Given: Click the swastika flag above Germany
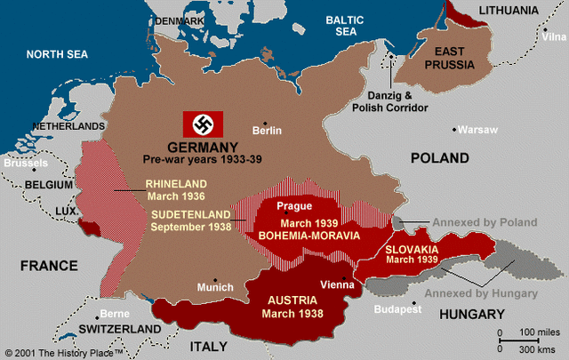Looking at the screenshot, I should pos(203,124).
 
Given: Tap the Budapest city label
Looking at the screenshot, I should pos(397,309).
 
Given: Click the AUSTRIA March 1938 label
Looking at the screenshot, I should pos(293,307).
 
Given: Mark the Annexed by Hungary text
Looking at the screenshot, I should pos(480,293).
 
